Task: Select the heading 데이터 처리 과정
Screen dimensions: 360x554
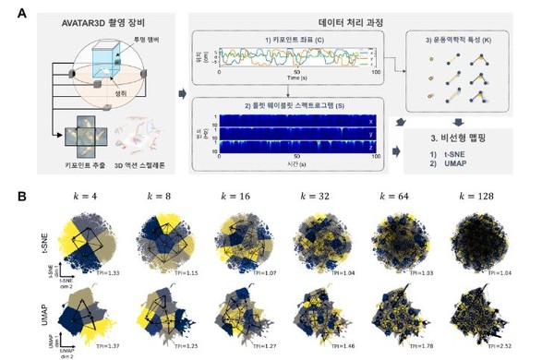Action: click(x=293, y=22)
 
